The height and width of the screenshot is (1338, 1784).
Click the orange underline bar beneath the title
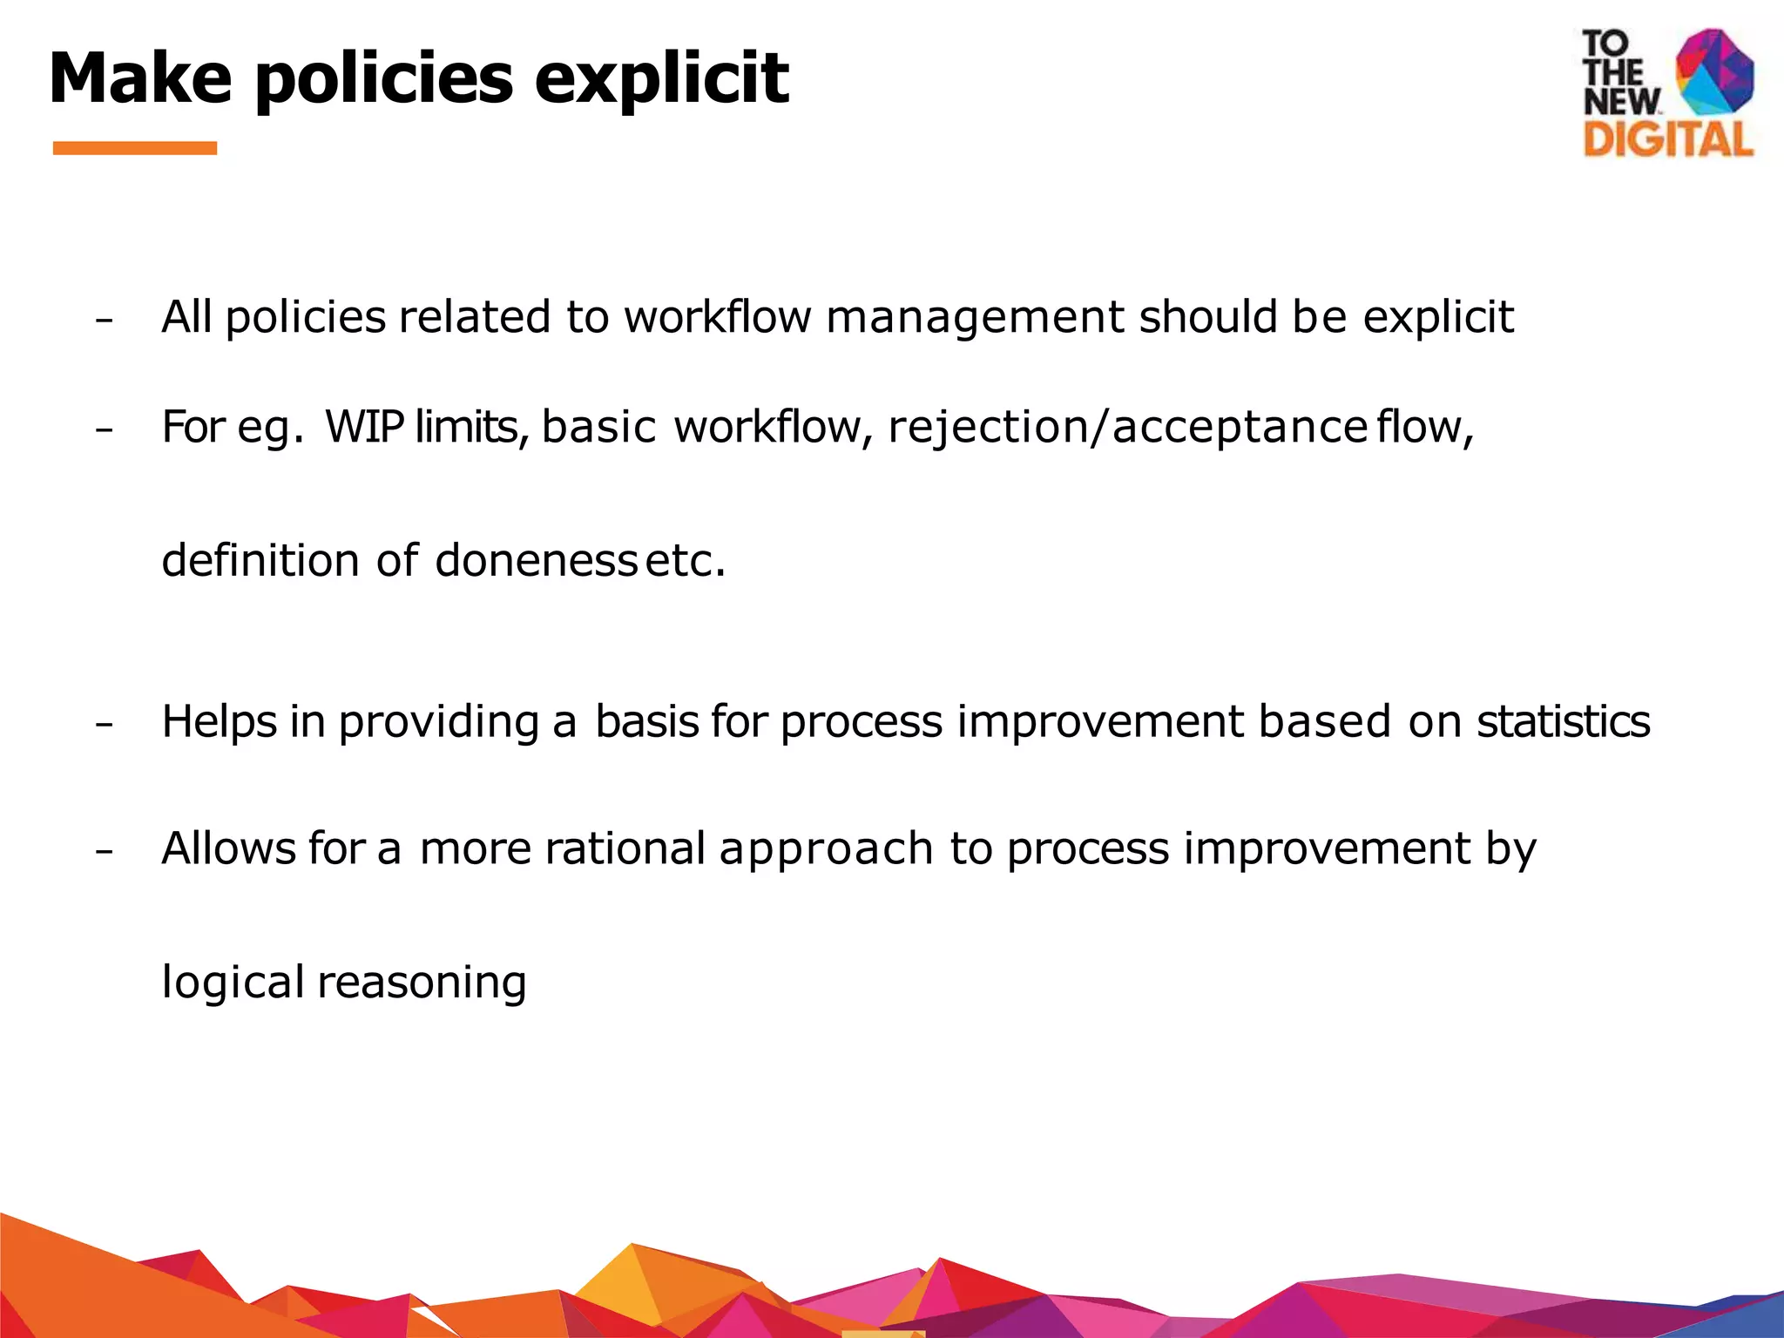135,148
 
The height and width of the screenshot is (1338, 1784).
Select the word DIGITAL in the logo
1667,139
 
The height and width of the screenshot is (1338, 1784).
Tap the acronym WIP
364,428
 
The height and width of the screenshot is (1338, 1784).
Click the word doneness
536,560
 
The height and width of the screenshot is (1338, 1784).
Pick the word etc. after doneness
686,560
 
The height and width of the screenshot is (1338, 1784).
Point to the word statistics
1563,722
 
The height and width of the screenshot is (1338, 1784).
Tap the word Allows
228,848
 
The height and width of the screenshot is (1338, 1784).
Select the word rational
625,848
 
